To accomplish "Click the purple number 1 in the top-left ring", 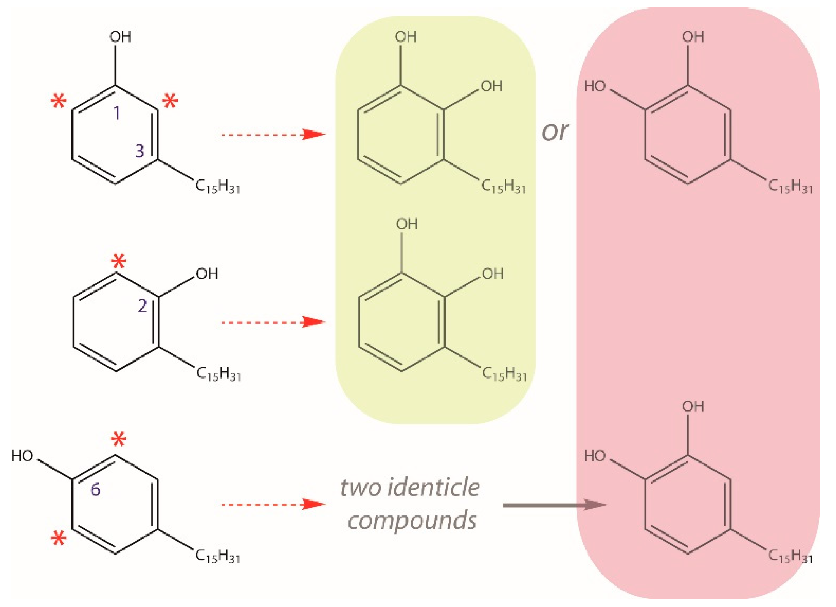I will click(116, 113).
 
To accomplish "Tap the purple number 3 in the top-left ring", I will click(140, 151).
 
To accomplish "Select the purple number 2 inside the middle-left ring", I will click(142, 306).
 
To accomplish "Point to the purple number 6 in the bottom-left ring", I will click(95, 489).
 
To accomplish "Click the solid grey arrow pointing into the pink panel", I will click(554, 505).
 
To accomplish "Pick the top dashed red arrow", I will click(273, 134).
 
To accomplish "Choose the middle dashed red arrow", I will click(273, 322).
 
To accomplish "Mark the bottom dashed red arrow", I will click(273, 504).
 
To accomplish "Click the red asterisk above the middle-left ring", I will click(119, 261).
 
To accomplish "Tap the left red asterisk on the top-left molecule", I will click(59, 102).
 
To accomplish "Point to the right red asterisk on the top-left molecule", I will click(170, 101).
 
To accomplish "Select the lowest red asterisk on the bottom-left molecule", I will click(59, 539).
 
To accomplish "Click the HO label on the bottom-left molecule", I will click(22, 456).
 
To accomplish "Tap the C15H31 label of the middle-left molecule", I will click(218, 374).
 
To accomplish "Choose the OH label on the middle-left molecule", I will click(207, 274).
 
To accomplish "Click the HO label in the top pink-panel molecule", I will click(595, 86).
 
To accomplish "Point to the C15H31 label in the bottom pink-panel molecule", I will click(790, 556).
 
